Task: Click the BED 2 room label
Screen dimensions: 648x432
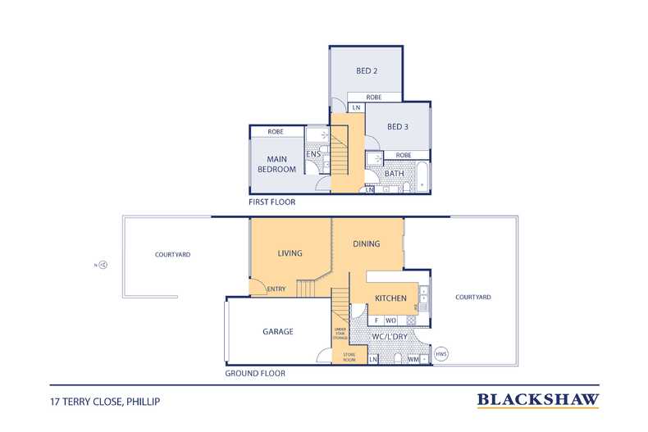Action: (367, 71)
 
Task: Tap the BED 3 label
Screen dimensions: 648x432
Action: (398, 127)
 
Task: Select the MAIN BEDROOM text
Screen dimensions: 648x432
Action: (276, 164)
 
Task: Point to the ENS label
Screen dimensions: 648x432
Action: (313, 154)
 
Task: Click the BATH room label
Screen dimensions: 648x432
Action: (395, 174)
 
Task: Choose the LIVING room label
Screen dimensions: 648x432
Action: (290, 253)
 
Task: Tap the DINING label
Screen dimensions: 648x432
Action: (366, 243)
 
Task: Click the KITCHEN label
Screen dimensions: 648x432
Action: (390, 298)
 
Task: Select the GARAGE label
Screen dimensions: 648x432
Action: (278, 331)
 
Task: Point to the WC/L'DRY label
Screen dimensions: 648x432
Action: (390, 337)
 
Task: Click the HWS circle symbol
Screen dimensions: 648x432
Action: (441, 354)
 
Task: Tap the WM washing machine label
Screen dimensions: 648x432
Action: (413, 359)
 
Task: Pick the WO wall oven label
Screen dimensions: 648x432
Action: (390, 320)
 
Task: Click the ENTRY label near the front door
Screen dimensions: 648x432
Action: (276, 289)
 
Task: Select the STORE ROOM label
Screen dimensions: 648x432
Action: (349, 357)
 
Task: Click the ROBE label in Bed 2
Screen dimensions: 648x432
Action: (373, 97)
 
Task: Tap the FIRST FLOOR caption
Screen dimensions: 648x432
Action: (272, 202)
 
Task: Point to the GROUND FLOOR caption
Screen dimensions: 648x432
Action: (255, 373)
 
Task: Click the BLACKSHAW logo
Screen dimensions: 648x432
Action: (538, 400)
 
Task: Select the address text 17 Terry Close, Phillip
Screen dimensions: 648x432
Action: (105, 402)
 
